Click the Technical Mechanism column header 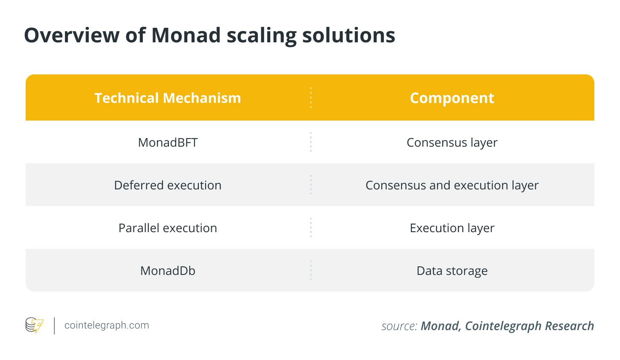coord(168,98)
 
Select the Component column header coord(452,98)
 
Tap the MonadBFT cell coord(168,142)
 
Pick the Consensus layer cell coord(452,143)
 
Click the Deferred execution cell coord(168,185)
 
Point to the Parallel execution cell coord(168,228)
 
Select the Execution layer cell coord(452,228)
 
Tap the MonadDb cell coord(168,271)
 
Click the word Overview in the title coord(72,35)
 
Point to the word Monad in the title coord(186,35)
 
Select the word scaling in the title coord(262,36)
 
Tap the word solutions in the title coord(349,35)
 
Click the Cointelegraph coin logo coord(34,325)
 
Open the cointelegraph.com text coord(106,325)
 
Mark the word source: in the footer coord(399,326)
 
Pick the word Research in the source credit coord(570,326)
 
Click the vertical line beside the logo coord(54,326)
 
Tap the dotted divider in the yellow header coord(311,97)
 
